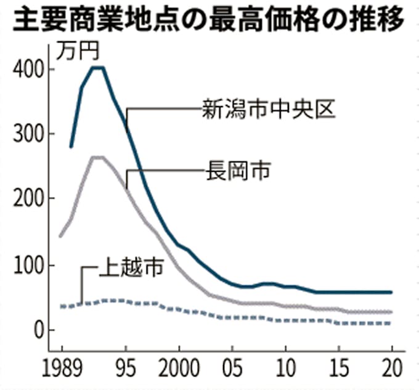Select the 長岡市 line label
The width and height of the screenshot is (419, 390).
237,171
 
